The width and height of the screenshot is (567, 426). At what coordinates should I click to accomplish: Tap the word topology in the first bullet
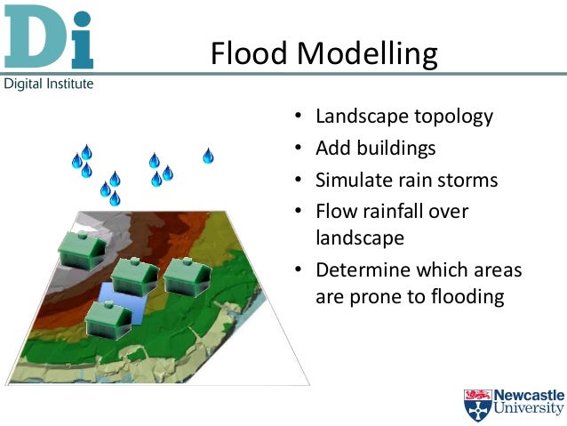click(x=449, y=117)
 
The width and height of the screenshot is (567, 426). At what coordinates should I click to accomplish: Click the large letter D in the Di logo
click(x=31, y=38)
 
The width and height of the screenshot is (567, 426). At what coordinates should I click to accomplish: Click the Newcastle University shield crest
click(x=476, y=403)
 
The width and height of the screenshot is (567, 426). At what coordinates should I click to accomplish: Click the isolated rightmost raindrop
click(x=208, y=157)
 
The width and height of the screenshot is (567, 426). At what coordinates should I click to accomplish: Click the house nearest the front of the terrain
click(x=108, y=318)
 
